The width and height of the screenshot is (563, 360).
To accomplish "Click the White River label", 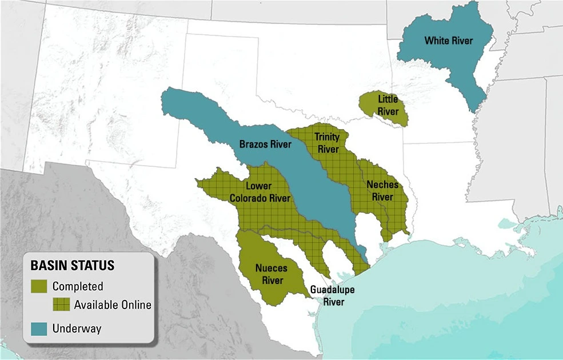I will (448, 41).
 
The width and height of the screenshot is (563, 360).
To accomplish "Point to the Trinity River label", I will (328, 143).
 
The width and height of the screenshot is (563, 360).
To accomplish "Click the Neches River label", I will (382, 190).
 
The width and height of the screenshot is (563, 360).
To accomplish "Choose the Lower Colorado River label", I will (260, 193).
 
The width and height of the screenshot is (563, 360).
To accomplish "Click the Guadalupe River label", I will (333, 295).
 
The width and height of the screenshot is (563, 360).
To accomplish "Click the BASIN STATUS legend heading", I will (72, 266).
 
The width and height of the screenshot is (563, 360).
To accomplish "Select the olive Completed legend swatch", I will (40, 286).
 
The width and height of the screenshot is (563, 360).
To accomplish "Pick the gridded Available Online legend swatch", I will (61, 305).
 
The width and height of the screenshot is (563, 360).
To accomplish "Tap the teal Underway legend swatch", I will (40, 328).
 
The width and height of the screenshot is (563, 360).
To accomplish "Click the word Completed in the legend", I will (78, 286).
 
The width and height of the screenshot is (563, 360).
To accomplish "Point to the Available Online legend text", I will (113, 305).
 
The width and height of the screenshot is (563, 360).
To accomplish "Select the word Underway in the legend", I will (77, 328).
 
